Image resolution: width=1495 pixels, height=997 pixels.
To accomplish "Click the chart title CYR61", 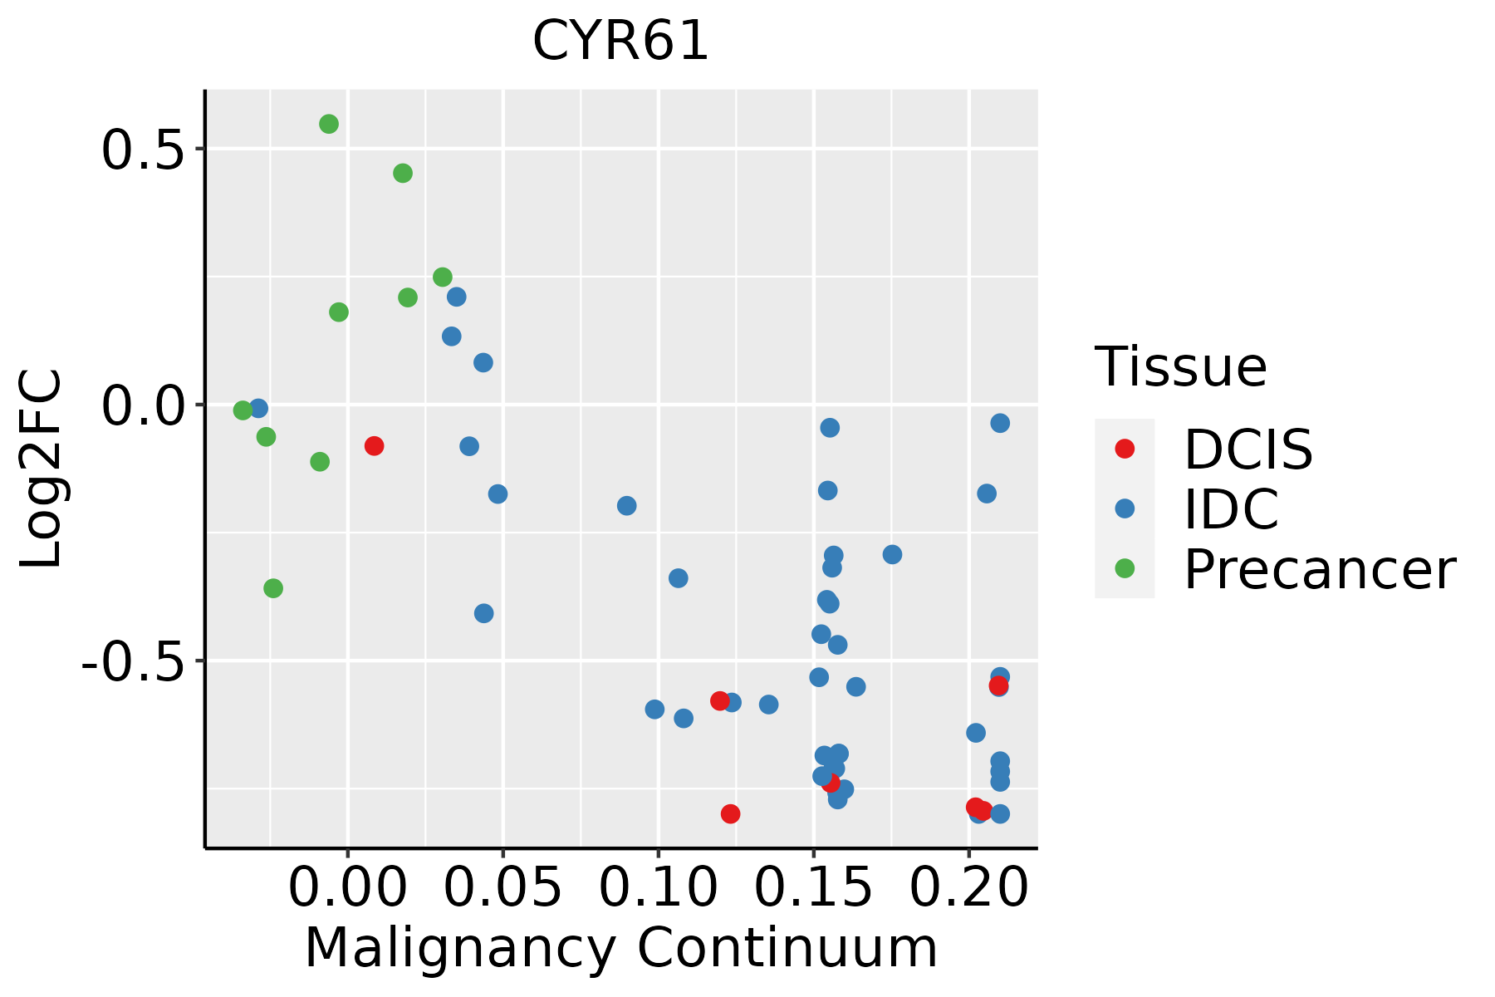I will (620, 41).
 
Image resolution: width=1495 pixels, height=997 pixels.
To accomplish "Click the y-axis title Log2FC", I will (42, 469).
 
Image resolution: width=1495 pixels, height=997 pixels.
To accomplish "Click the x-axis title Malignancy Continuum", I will (620, 949).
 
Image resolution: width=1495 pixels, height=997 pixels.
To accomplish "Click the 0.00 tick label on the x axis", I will (347, 888).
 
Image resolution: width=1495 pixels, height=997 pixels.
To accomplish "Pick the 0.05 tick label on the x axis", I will (502, 888).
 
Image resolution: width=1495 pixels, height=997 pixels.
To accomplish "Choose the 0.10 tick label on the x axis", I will (658, 888).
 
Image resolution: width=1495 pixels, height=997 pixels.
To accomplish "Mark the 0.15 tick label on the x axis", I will (813, 888).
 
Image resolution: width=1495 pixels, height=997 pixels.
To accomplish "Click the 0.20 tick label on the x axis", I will (968, 888).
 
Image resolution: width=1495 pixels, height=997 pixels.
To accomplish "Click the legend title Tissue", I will (1180, 366).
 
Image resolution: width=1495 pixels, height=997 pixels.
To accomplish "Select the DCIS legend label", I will (1247, 449).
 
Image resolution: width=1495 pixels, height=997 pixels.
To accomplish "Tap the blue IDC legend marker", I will (1125, 508).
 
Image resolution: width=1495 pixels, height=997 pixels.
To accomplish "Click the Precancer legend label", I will (1319, 570).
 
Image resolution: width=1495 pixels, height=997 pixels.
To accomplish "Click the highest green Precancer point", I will (329, 124).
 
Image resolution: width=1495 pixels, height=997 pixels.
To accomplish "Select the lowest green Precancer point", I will (273, 588).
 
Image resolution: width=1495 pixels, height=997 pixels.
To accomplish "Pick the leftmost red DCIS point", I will (374, 446).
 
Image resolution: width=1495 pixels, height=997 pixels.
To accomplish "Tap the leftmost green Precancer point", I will (243, 410).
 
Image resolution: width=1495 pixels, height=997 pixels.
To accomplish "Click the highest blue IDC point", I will (456, 297).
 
